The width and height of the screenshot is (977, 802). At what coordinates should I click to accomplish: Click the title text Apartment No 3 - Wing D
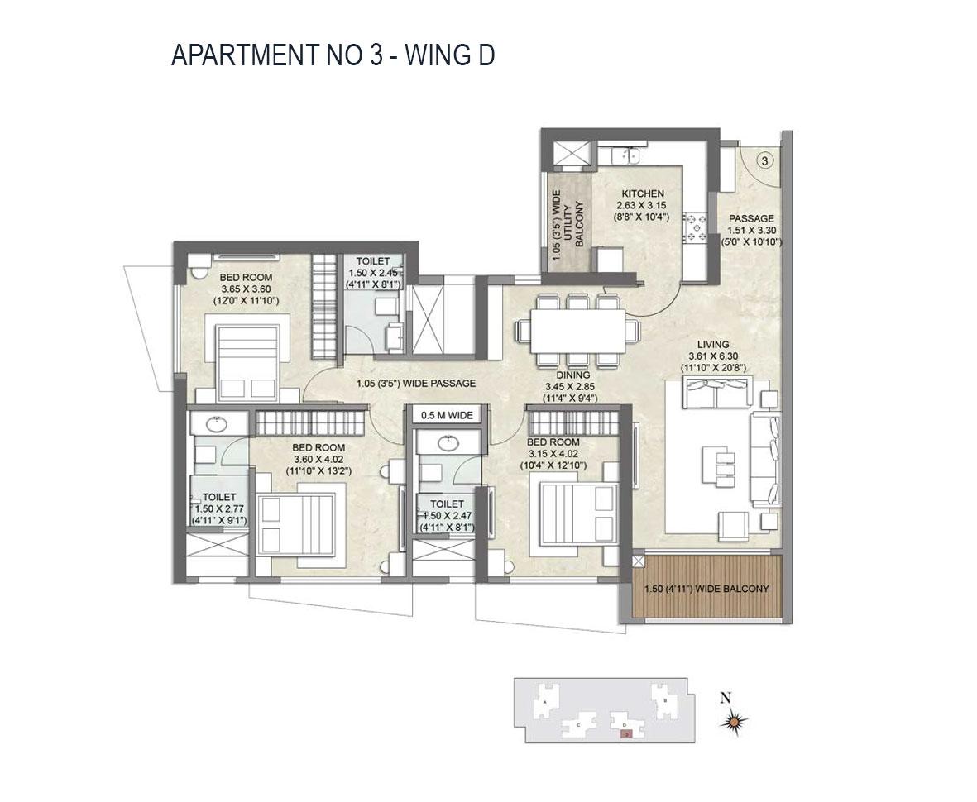[x=333, y=55]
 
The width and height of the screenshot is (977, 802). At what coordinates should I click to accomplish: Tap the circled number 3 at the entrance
[x=764, y=161]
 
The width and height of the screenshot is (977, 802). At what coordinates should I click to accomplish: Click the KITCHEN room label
[x=643, y=193]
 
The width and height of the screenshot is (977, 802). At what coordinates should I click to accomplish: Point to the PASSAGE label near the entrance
[x=750, y=219]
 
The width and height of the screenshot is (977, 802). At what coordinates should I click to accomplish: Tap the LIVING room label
[x=712, y=344]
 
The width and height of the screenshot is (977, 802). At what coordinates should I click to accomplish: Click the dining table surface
[x=577, y=330]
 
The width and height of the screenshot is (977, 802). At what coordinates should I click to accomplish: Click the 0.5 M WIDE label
[x=447, y=415]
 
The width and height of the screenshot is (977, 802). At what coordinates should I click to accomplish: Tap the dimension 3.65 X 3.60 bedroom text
[x=249, y=289]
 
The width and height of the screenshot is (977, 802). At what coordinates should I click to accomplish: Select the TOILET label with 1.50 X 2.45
[x=373, y=261]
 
